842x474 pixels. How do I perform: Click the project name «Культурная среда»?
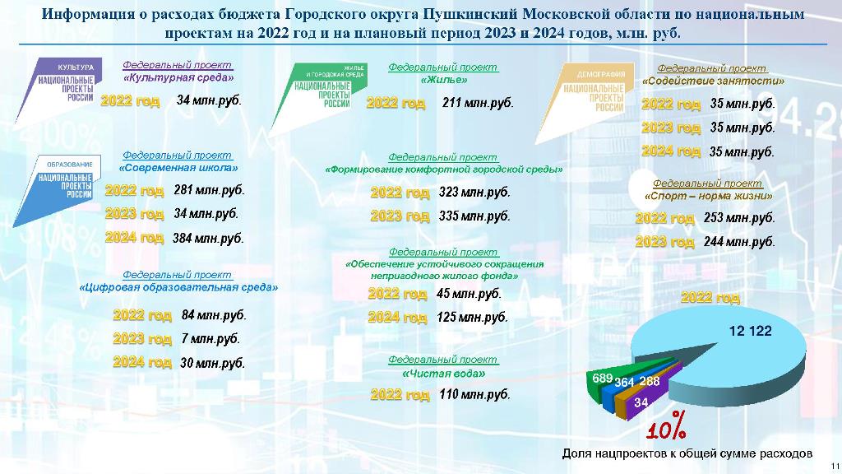click(x=178, y=77)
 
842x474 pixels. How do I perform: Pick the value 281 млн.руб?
click(x=209, y=190)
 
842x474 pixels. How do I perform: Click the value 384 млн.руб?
click(x=208, y=238)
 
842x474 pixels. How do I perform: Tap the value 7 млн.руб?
click(x=210, y=338)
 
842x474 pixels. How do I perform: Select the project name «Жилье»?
click(x=443, y=80)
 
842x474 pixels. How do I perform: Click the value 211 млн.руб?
click(x=478, y=102)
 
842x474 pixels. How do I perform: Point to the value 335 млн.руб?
click(x=474, y=216)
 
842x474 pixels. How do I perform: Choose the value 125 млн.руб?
click(x=472, y=317)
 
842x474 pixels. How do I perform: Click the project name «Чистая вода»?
click(x=443, y=373)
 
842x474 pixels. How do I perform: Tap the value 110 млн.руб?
click(x=474, y=394)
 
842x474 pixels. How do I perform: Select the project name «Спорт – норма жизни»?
click(x=708, y=196)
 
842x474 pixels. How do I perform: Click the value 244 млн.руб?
click(x=739, y=242)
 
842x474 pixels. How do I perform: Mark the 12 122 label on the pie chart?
click(x=750, y=331)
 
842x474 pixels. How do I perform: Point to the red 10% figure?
click(x=666, y=427)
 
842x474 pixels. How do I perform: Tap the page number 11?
click(x=835, y=466)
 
